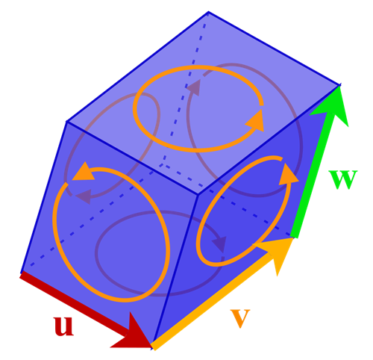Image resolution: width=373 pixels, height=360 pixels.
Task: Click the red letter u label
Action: pos(63,326)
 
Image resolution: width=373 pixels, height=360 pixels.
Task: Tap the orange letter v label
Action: pos(240,318)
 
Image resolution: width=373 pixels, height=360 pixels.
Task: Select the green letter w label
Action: pos(343,180)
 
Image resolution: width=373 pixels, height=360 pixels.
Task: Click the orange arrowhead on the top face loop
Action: pos(256,121)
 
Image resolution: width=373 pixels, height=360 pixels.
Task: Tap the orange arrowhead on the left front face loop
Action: pos(84,172)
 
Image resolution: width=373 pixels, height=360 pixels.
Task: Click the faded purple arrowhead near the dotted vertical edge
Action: pos(194,87)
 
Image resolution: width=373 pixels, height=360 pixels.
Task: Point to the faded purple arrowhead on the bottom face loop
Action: pos(220,244)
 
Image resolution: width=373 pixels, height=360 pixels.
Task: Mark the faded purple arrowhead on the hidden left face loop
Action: pos(84,196)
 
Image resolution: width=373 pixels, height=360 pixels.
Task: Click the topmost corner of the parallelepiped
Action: pos(208,11)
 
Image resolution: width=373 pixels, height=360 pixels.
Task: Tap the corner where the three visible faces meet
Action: pos(198,194)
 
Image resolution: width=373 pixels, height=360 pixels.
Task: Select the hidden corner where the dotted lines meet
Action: pos(163,164)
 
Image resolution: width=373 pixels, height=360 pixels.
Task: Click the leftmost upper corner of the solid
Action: pos(66,122)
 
